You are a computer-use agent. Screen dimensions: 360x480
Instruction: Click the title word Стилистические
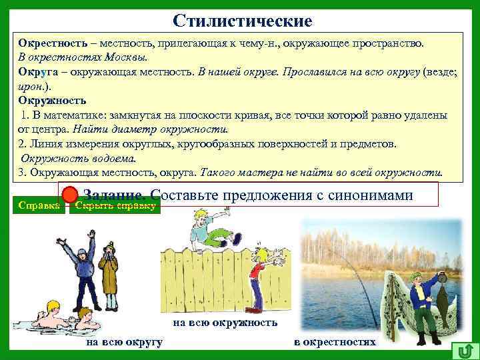coord(242,21)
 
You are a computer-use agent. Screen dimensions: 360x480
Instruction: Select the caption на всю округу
coord(125,342)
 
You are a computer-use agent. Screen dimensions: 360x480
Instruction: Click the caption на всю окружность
coord(225,323)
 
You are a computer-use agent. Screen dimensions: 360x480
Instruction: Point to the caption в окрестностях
coord(335,342)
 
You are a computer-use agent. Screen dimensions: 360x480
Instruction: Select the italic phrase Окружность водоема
coord(78,158)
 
